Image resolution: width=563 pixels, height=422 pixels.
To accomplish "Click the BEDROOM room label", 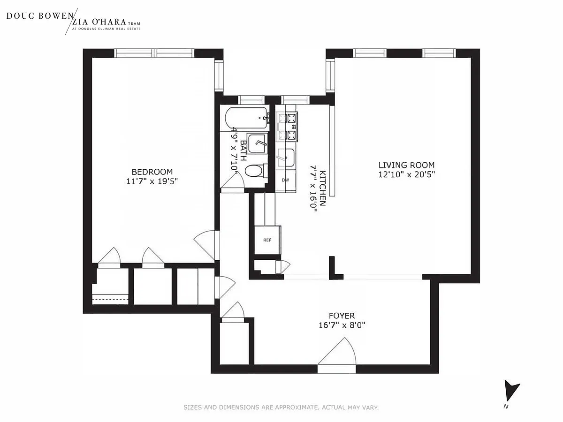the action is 152,172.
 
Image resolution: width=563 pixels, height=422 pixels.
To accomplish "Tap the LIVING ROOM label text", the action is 407,165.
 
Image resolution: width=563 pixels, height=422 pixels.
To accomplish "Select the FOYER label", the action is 342,316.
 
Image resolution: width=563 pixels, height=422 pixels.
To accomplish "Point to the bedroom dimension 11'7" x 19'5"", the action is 152,181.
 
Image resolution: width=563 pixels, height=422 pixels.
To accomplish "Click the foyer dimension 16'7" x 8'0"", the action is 342,325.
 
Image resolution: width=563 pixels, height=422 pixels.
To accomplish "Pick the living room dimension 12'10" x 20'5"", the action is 407,174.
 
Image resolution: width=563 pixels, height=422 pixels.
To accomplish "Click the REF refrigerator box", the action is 267,240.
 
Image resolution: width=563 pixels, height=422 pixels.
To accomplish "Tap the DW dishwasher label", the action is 285,180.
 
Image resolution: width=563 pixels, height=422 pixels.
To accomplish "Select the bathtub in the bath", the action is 247,119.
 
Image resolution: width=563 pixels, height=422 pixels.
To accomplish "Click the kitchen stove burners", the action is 287,127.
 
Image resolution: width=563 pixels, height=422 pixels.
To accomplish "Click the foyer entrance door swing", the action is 337,352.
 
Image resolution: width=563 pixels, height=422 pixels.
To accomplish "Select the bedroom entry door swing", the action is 206,245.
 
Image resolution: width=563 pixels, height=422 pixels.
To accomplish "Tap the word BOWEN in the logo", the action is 56,16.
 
